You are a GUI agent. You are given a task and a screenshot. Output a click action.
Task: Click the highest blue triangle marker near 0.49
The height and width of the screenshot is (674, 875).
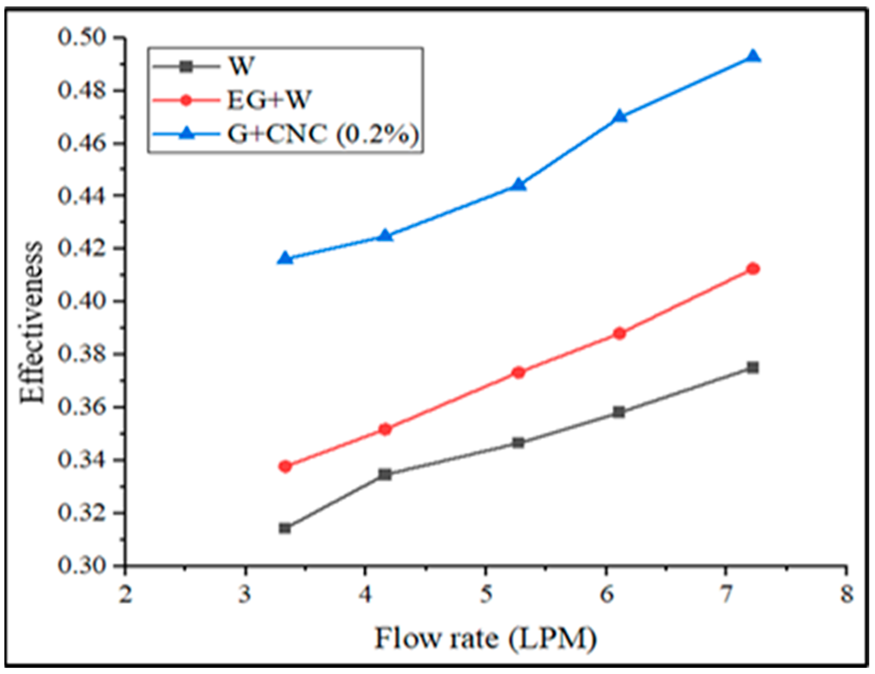coord(753,57)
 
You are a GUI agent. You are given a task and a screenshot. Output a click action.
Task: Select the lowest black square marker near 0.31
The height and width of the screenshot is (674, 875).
coord(285,528)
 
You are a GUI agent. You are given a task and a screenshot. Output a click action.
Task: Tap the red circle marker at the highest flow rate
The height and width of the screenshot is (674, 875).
coord(753,269)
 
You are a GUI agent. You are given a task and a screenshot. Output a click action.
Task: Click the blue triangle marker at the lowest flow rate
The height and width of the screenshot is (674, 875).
coord(285,258)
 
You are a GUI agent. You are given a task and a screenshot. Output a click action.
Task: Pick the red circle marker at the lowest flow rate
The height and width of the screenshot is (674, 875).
coord(285,467)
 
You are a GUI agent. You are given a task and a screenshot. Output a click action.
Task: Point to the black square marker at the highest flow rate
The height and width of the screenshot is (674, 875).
coord(753,368)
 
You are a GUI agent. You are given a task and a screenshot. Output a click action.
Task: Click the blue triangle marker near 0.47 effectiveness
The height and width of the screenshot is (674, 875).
coord(620,117)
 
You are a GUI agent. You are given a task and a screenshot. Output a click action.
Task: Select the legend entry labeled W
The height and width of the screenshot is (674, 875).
coord(240,67)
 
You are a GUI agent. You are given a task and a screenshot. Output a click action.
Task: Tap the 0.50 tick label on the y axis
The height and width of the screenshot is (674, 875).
coord(82,38)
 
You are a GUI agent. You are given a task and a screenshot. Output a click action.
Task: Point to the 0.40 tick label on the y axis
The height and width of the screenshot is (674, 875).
coord(82,301)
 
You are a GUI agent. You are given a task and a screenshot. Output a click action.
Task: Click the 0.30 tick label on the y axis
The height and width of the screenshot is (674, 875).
coord(82,566)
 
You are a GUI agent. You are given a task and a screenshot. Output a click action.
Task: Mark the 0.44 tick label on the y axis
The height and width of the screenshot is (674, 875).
coord(82,196)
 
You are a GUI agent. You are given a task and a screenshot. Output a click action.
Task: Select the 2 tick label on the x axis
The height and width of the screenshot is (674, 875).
coord(125,595)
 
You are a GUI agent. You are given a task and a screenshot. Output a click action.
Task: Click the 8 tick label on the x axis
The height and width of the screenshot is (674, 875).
coord(846,595)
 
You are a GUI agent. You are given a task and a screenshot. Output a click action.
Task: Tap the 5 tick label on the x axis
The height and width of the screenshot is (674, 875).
coord(486,595)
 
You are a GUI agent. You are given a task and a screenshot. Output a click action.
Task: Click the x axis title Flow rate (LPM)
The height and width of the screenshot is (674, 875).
coord(485,639)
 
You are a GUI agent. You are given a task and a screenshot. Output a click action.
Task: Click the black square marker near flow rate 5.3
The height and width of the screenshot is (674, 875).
coord(518,442)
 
